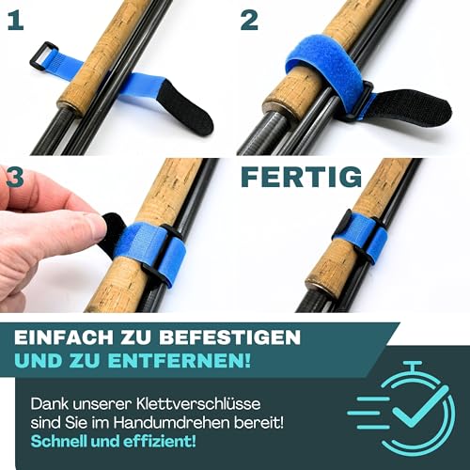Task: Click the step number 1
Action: pyautogui.click(x=16, y=21)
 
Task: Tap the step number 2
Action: pyautogui.click(x=249, y=21)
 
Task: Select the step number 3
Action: pyautogui.click(x=15, y=177)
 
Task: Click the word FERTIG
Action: pyautogui.click(x=302, y=177)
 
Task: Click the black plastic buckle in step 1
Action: pyautogui.click(x=43, y=56)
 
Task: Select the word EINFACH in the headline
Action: pyautogui.click(x=64, y=337)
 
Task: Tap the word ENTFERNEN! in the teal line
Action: pyautogui.click(x=180, y=361)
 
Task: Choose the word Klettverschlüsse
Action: pyautogui.click(x=198, y=403)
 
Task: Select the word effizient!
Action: pyautogui.click(x=159, y=442)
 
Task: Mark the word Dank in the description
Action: pyautogui.click(x=49, y=403)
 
